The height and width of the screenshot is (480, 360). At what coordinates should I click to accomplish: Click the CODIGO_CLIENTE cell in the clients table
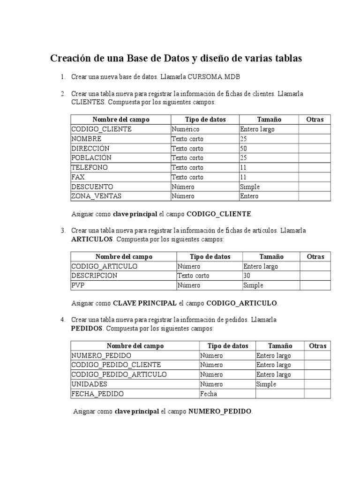point(101,129)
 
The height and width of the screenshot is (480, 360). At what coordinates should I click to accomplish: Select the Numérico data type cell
point(186,129)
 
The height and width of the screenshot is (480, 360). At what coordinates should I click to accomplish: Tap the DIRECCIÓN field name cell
point(90,149)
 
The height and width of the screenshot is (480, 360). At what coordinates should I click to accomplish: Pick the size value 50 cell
point(244,149)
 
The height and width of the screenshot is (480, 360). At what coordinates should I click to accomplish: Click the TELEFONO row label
point(90,167)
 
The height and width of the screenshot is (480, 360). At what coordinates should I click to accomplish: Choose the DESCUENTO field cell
point(92,187)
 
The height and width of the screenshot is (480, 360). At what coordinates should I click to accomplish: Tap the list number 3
point(62,230)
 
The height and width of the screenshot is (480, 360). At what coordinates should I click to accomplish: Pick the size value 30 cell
point(247,276)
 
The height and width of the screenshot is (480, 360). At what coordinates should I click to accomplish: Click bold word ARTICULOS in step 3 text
point(92,239)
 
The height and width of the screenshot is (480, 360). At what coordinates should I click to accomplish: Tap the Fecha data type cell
point(208,394)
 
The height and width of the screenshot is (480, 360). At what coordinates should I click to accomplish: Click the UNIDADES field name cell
point(89,384)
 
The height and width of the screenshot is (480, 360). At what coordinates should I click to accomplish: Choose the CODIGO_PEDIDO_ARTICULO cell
point(119,375)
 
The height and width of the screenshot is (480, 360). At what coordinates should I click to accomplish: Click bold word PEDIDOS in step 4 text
point(87,329)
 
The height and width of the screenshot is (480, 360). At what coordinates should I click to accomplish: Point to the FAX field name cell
point(78,177)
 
